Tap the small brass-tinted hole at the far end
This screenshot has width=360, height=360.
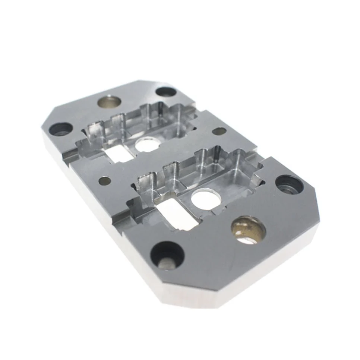(x=109, y=101)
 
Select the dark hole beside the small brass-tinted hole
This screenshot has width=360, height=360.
(x=165, y=92)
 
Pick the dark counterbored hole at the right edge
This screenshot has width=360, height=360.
(x=289, y=184)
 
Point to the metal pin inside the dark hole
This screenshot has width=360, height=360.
(x=165, y=263)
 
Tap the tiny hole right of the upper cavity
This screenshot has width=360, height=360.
(x=219, y=131)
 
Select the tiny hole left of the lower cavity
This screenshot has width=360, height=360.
(x=105, y=181)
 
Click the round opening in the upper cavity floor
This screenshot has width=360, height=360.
(x=146, y=144)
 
